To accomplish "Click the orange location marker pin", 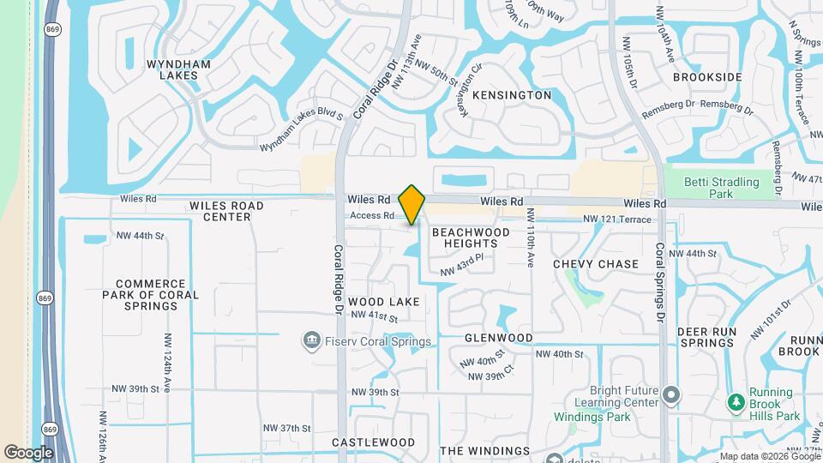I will [x=412, y=204].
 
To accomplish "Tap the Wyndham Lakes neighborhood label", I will [x=172, y=69].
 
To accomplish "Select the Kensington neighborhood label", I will [x=511, y=95].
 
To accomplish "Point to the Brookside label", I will [x=707, y=77].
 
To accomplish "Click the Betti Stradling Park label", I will [x=722, y=188].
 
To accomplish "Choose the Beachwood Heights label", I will [x=471, y=238].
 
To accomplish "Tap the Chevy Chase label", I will [x=596, y=264].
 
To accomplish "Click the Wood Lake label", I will [x=383, y=302].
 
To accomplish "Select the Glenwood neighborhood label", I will [x=498, y=338].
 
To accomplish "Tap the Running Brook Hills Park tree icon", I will [x=735, y=402].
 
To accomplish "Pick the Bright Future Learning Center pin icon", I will [x=671, y=394].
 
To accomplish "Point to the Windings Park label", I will [x=594, y=418].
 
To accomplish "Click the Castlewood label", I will [x=373, y=442].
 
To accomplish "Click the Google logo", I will [x=27, y=452].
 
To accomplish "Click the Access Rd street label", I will [x=371, y=215].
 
